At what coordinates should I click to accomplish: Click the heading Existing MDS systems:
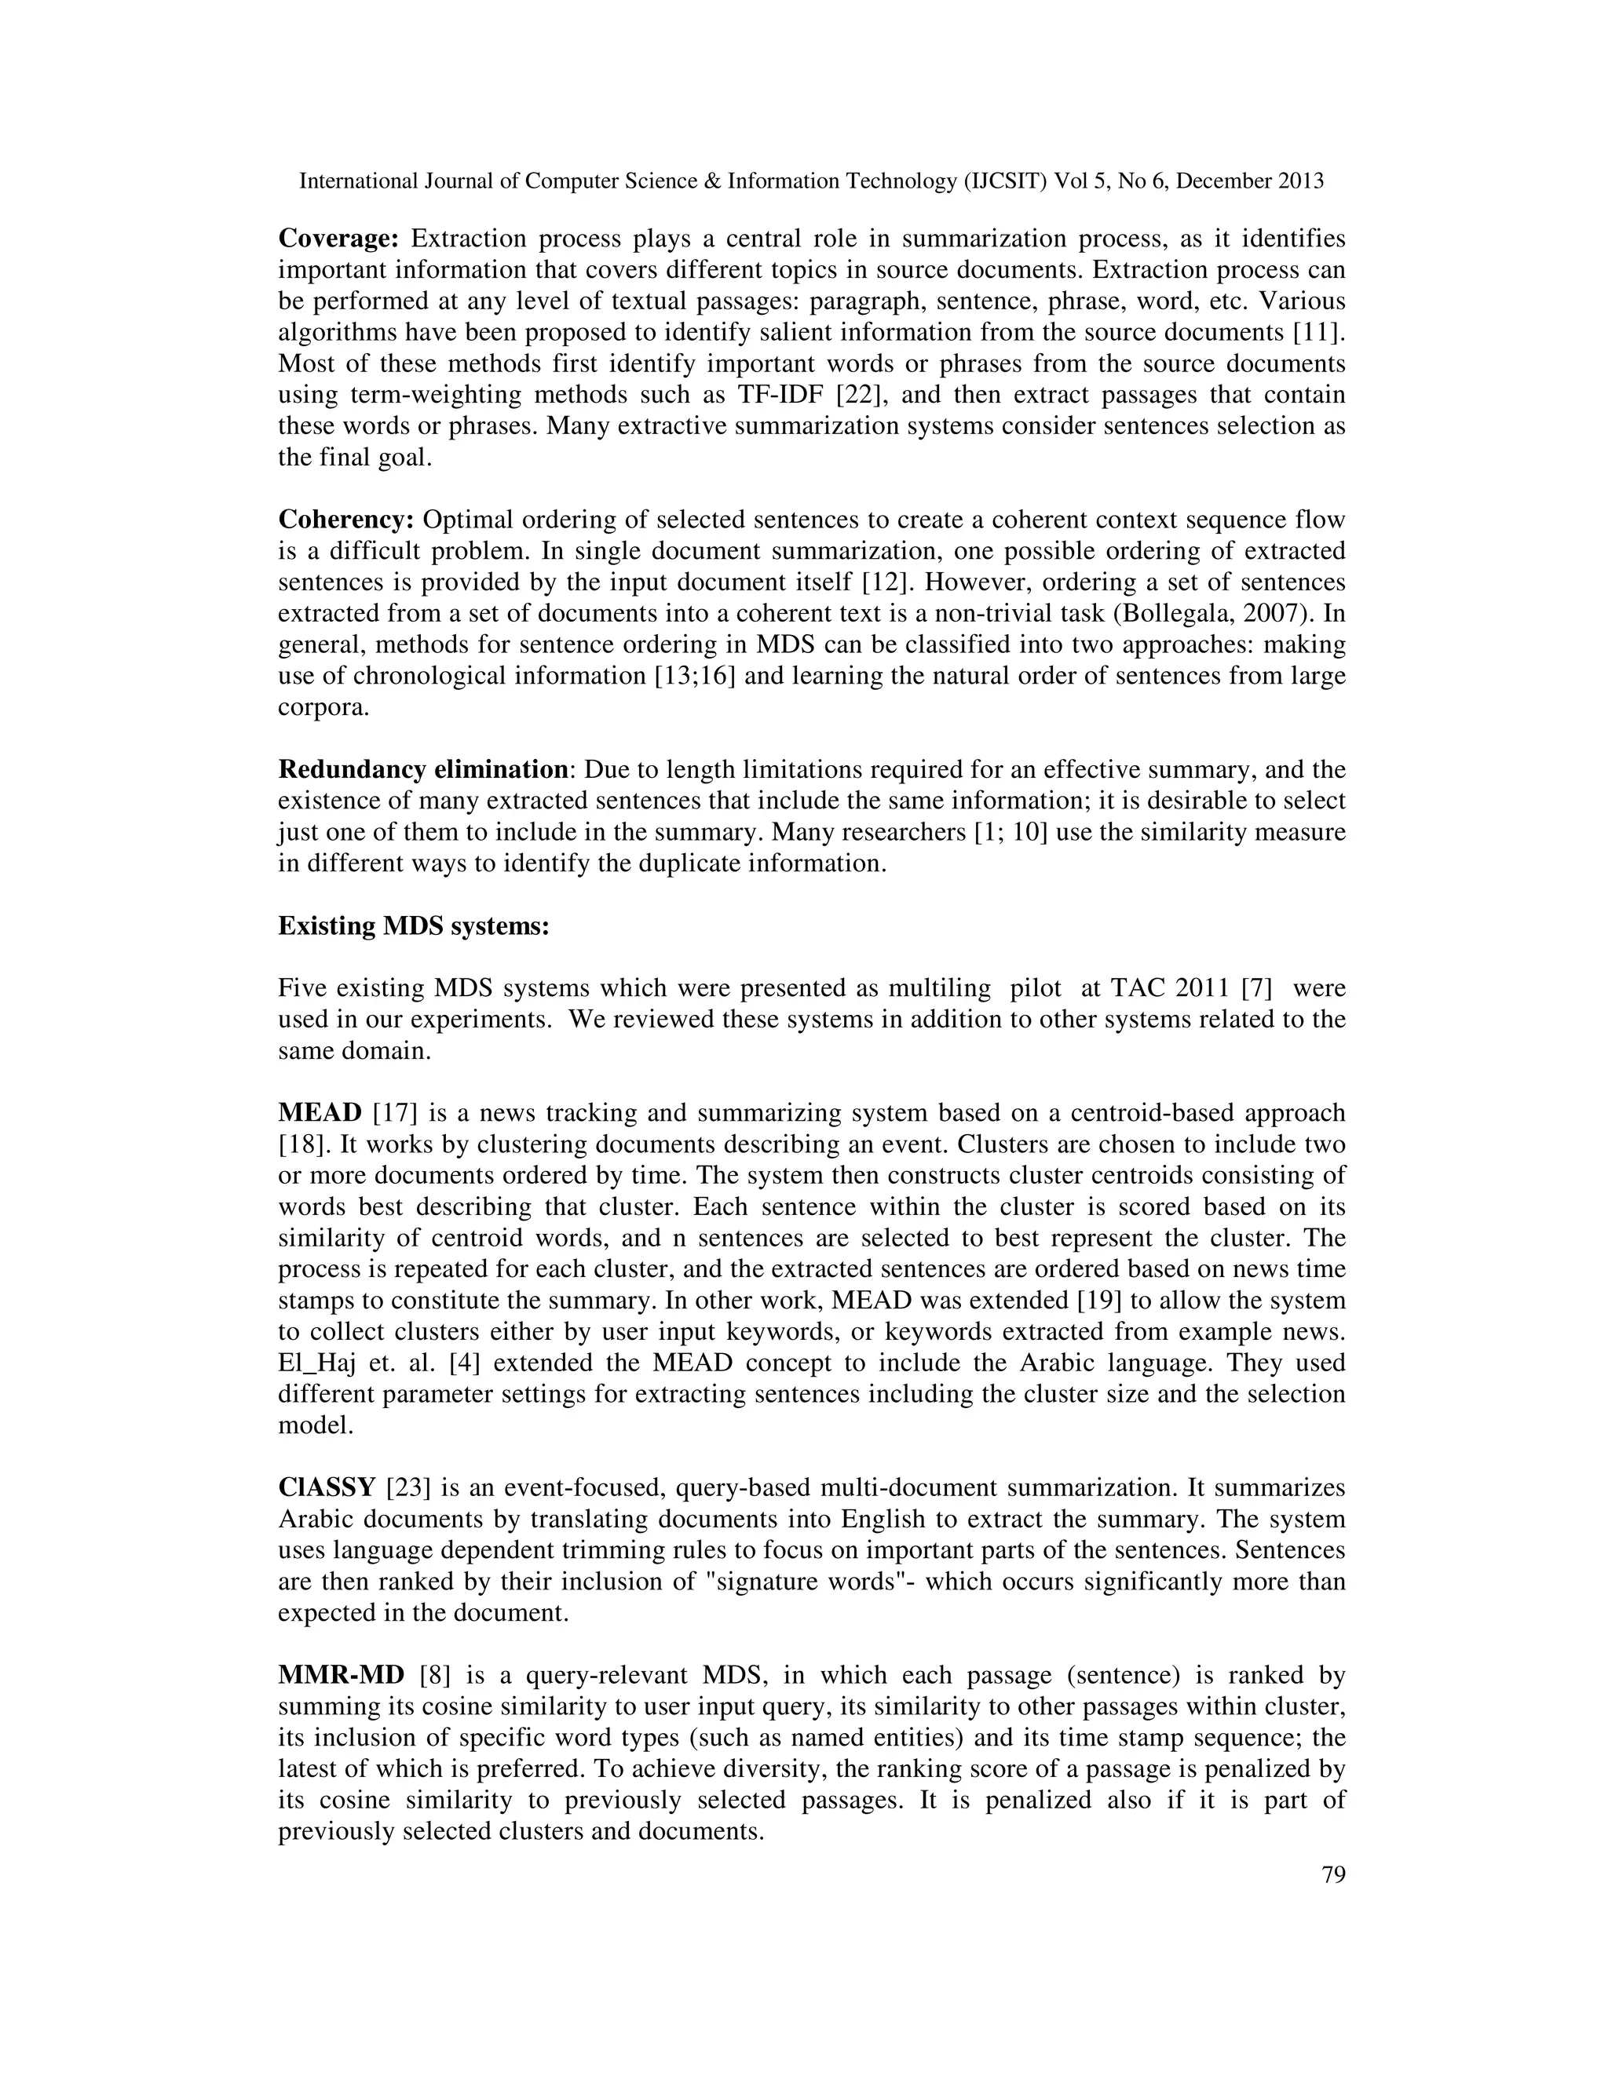tap(414, 925)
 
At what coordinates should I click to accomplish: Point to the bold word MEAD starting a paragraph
tap(320, 1112)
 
